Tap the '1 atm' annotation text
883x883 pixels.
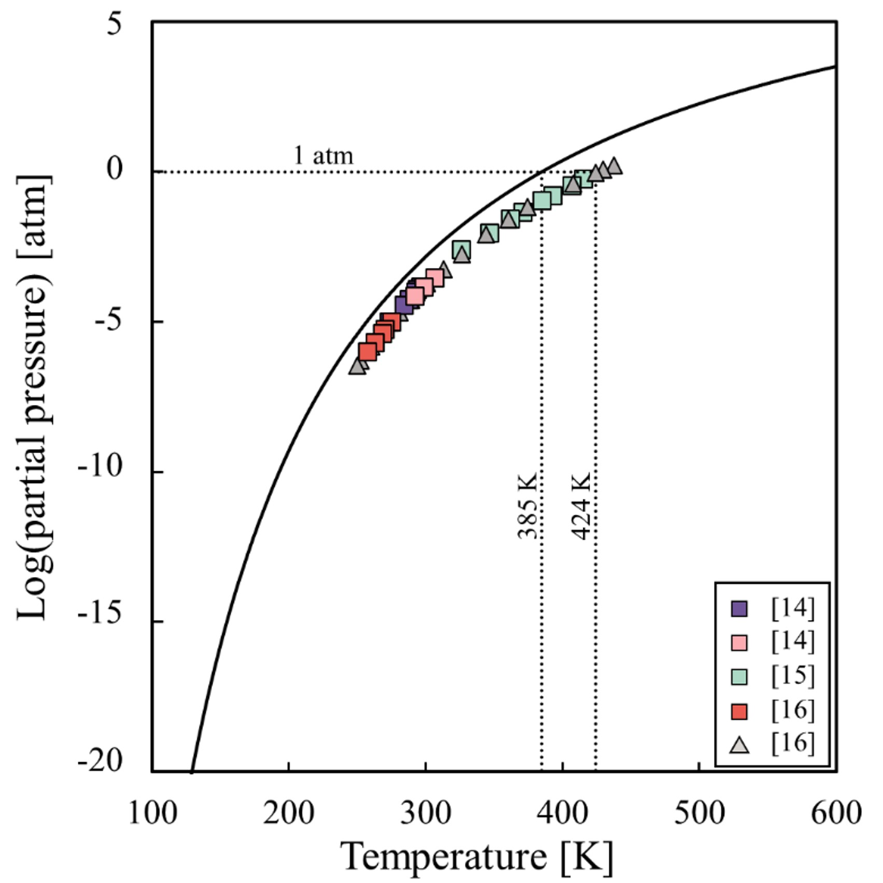coord(324,156)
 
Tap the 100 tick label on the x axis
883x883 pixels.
coord(152,813)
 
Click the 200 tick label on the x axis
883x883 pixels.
coord(288,813)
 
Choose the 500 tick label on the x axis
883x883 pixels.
coord(698,813)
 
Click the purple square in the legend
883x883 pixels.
coord(739,608)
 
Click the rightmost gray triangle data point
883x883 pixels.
coord(614,166)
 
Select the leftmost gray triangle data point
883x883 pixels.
coord(357,367)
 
